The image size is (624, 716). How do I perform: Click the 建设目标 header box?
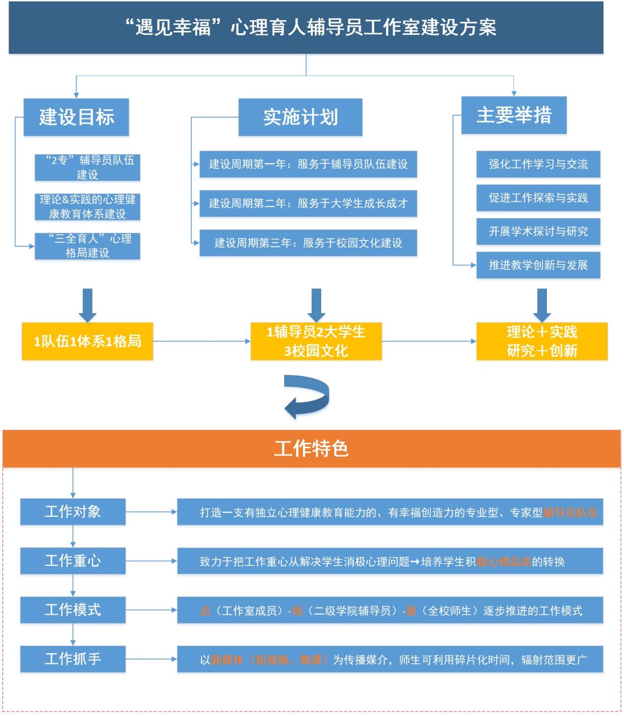pos(76,117)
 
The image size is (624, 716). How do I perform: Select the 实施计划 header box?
pos(300,117)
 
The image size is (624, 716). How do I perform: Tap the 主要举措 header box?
pos(514,115)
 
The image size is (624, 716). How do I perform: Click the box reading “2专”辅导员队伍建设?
pos(88,167)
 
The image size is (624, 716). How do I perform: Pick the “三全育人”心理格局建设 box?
pos(88,245)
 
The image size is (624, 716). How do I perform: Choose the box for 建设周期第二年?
pos(308,203)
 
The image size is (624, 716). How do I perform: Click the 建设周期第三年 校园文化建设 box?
pos(308,242)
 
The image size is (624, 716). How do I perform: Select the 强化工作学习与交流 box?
pos(538,164)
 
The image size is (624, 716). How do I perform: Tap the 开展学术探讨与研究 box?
pos(538,231)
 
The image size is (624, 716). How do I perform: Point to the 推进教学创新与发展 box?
pos(538,265)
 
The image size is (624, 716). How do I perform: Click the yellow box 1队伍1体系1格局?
pos(88,341)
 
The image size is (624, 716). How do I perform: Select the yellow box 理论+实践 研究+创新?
pos(542,341)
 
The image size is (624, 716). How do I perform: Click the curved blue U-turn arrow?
pos(307,396)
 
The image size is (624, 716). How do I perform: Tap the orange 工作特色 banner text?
pos(311,448)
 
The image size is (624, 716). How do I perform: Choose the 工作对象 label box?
pos(73,511)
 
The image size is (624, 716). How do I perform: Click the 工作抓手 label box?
pos(73,658)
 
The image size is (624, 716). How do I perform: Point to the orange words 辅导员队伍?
pos(570,512)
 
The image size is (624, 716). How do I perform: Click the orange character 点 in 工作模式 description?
pos(205,611)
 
